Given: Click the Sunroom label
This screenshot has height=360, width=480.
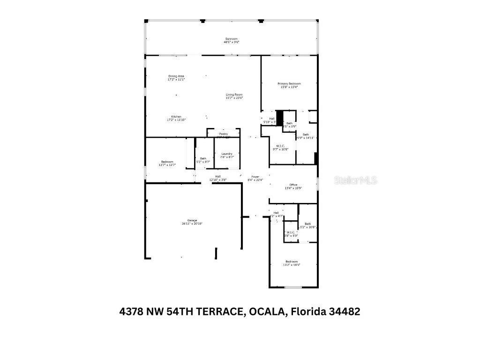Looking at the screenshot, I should click(x=231, y=39).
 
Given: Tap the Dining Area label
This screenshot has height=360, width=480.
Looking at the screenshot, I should click(x=176, y=76).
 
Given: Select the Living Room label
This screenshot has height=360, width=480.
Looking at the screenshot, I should click(x=234, y=95).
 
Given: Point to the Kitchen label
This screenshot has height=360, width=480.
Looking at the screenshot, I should click(x=176, y=117).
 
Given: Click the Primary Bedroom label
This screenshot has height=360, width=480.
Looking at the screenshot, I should click(x=289, y=83).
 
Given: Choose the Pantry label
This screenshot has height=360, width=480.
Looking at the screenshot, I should click(x=223, y=134).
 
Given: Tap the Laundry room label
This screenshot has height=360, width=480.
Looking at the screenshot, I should click(x=227, y=154).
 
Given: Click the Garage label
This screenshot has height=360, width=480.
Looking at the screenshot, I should click(x=192, y=220).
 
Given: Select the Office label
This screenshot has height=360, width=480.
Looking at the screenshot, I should click(x=293, y=185).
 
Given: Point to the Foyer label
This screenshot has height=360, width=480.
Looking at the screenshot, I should click(x=255, y=177).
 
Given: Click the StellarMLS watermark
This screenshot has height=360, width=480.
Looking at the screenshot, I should click(x=355, y=180).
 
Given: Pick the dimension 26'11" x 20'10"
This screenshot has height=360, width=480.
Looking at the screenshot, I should click(x=192, y=224).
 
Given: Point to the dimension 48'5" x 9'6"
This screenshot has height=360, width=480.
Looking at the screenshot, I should click(x=231, y=42).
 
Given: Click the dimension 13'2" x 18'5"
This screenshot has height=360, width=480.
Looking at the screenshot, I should click(x=291, y=265).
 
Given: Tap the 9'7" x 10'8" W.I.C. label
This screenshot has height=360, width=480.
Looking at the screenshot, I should click(x=280, y=149).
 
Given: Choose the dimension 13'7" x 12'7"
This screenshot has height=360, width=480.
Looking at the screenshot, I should click(x=167, y=165).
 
